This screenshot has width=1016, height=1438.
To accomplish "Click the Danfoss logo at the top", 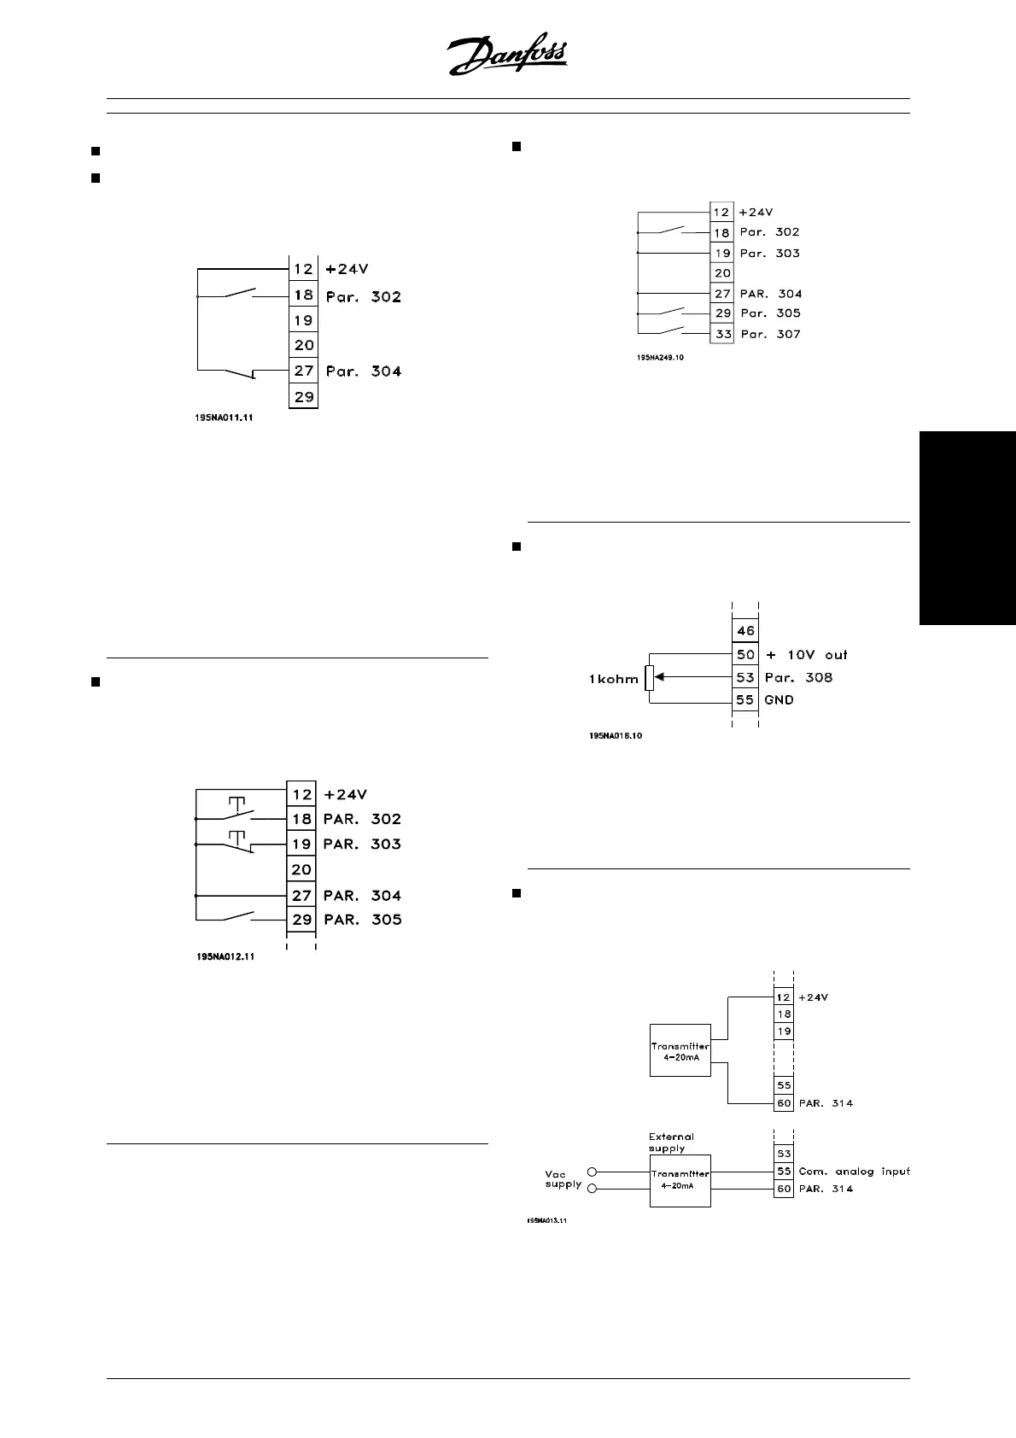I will pos(507,58).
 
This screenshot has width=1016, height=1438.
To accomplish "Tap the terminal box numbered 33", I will pos(723,334).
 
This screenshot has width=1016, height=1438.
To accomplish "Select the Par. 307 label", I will pos(770,334).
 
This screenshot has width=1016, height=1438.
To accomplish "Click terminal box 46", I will pos(745,631).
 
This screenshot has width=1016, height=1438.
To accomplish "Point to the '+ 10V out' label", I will pos(806,654).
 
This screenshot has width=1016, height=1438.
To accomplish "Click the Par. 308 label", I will pos(798,677).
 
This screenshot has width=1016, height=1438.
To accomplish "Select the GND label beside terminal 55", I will pos(779,699).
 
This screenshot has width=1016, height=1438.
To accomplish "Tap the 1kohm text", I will pos(613,680).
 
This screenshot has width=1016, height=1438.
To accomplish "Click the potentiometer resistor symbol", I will pos(650,678).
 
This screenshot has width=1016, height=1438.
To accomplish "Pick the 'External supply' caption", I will pos(671,1142).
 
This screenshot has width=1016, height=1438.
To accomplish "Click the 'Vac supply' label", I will pos(563,1178).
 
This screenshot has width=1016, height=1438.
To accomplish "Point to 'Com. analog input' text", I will pos(854,1171).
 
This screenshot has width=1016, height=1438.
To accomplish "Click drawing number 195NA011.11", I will pos(225,418).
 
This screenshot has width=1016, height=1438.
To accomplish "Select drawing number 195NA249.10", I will pos(660,358).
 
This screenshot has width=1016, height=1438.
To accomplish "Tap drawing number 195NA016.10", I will pos(615,735).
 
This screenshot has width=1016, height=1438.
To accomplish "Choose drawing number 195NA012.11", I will pos(225,957).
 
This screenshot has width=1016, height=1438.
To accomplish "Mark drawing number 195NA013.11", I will pos(546,1220).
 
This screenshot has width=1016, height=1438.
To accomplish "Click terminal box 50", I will pos(745,654).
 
